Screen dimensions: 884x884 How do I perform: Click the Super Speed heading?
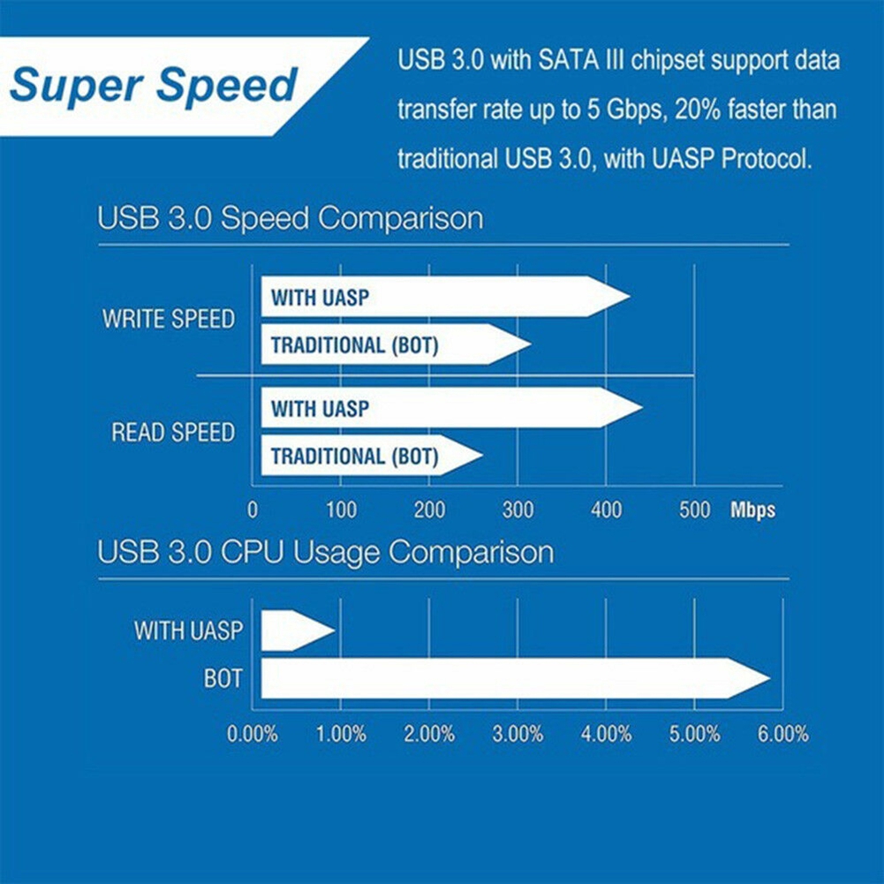(x=154, y=86)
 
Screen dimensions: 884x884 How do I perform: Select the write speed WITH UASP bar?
(x=442, y=297)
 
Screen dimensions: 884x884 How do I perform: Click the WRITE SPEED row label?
(x=169, y=319)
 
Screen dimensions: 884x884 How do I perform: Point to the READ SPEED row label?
(x=173, y=433)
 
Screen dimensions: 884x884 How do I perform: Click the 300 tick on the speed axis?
(x=518, y=510)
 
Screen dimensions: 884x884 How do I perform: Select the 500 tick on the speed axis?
(x=695, y=510)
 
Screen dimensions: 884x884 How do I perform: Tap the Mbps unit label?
(x=752, y=510)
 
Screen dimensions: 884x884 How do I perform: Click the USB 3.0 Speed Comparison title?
(x=291, y=218)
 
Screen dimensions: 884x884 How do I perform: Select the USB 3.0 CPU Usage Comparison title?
(x=326, y=553)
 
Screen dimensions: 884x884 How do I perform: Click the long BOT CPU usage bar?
(x=512, y=678)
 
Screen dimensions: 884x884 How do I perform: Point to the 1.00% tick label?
(x=341, y=734)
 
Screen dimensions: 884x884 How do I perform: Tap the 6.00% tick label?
(x=782, y=734)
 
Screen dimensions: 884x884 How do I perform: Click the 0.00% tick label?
(x=253, y=734)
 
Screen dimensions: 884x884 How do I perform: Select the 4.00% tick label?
(x=606, y=734)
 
